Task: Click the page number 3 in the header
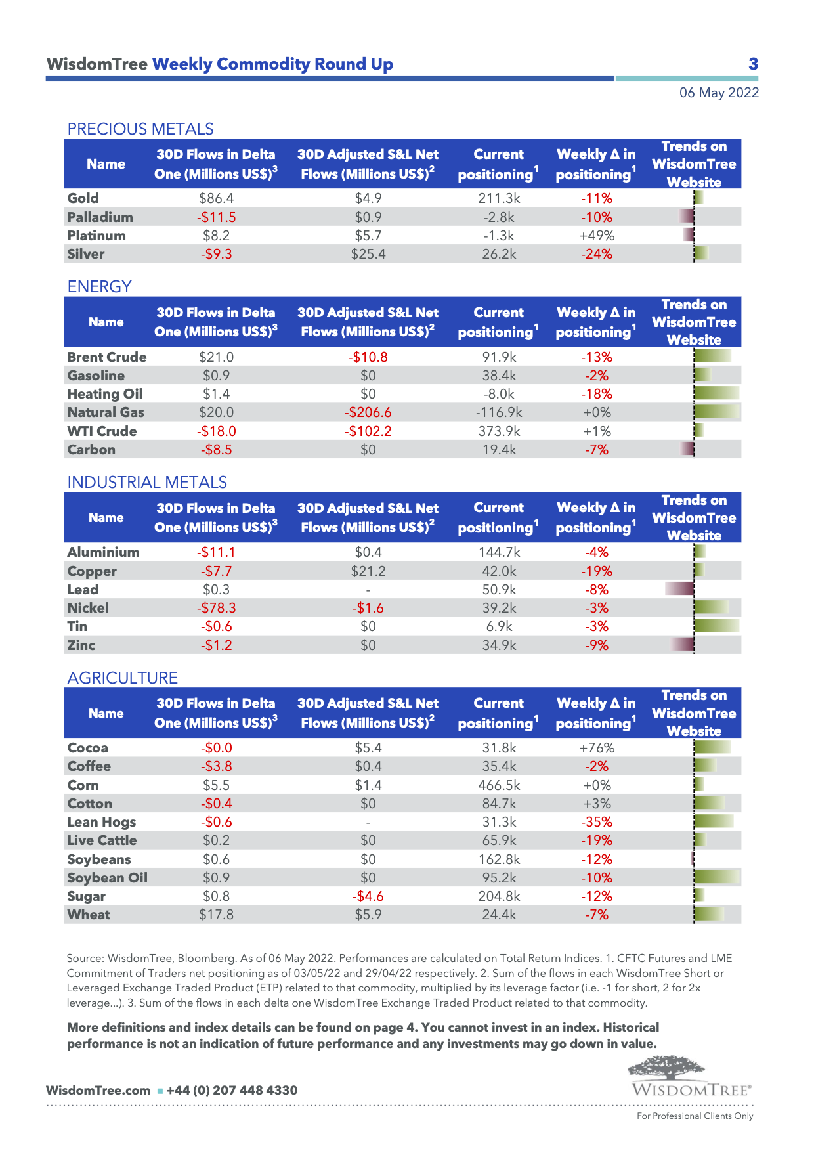[753, 64]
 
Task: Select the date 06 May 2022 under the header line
[719, 93]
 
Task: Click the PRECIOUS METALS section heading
[140, 129]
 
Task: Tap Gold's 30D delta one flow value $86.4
[216, 198]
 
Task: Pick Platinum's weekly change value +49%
[596, 236]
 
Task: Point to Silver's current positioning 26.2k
[499, 254]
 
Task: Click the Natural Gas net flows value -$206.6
[368, 412]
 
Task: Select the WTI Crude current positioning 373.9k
[499, 431]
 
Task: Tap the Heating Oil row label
[105, 394]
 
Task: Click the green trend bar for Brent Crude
[713, 357]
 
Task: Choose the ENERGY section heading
[100, 286]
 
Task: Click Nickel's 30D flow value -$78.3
[216, 608]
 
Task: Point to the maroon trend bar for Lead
[679, 588]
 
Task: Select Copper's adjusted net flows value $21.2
[368, 571]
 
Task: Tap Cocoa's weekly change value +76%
[596, 748]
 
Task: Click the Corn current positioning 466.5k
[499, 785]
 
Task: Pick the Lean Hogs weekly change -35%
[596, 822]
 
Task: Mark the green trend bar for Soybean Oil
[717, 877]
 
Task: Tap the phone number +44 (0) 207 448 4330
[232, 1091]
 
